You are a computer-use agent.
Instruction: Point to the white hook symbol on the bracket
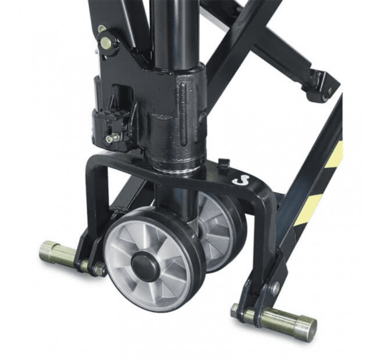(x=242, y=180)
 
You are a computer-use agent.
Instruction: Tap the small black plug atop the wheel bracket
(x=224, y=162)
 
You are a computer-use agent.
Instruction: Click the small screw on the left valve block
(x=109, y=139)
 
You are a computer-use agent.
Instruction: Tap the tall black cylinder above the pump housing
(x=171, y=31)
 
